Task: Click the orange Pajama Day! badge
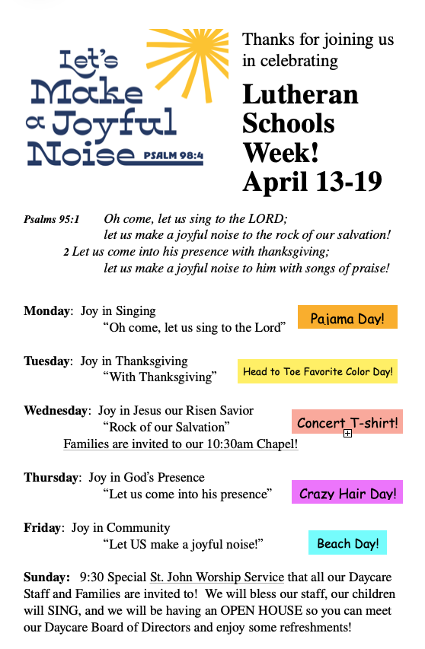pos(347,318)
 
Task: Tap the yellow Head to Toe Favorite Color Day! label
pos(318,371)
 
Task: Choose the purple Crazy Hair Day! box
pos(347,493)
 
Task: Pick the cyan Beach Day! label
pos(347,543)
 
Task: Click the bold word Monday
pos(46,311)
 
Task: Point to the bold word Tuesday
pos(49,361)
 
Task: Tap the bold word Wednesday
pos(56,411)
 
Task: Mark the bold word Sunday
pos(46,577)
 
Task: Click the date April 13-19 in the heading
pos(312,181)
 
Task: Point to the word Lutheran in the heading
pos(299,94)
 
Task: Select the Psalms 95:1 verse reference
pos(51,219)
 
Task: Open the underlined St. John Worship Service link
pos(216,577)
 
